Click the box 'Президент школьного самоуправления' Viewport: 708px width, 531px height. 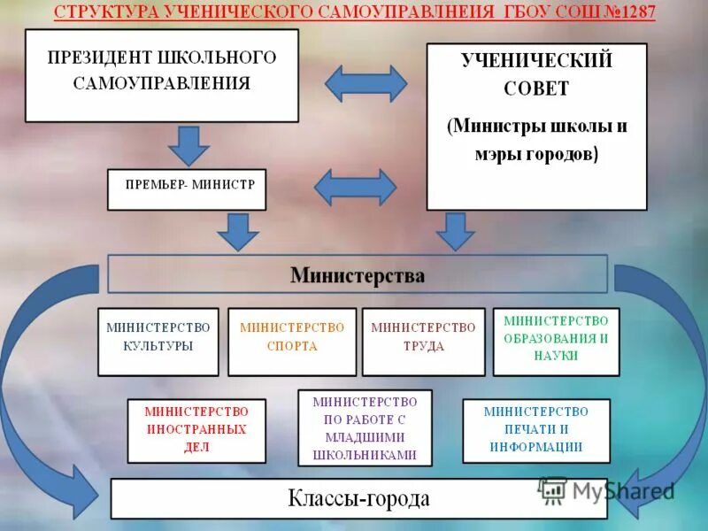click(x=162, y=75)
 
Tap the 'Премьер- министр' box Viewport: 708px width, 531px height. click(x=187, y=189)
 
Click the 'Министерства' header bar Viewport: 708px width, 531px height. click(x=358, y=274)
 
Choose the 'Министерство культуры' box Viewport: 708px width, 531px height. click(x=158, y=342)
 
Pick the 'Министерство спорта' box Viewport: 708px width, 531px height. click(x=292, y=342)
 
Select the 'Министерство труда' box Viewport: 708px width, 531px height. click(x=423, y=342)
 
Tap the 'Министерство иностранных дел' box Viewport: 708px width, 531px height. click(x=196, y=431)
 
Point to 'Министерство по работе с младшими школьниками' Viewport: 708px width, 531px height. click(x=365, y=427)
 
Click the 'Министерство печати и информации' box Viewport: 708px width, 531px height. click(x=536, y=431)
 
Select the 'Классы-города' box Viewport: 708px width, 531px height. click(x=358, y=498)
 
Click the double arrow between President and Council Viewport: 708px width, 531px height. click(x=366, y=83)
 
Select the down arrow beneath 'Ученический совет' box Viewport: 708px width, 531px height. click(x=456, y=230)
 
